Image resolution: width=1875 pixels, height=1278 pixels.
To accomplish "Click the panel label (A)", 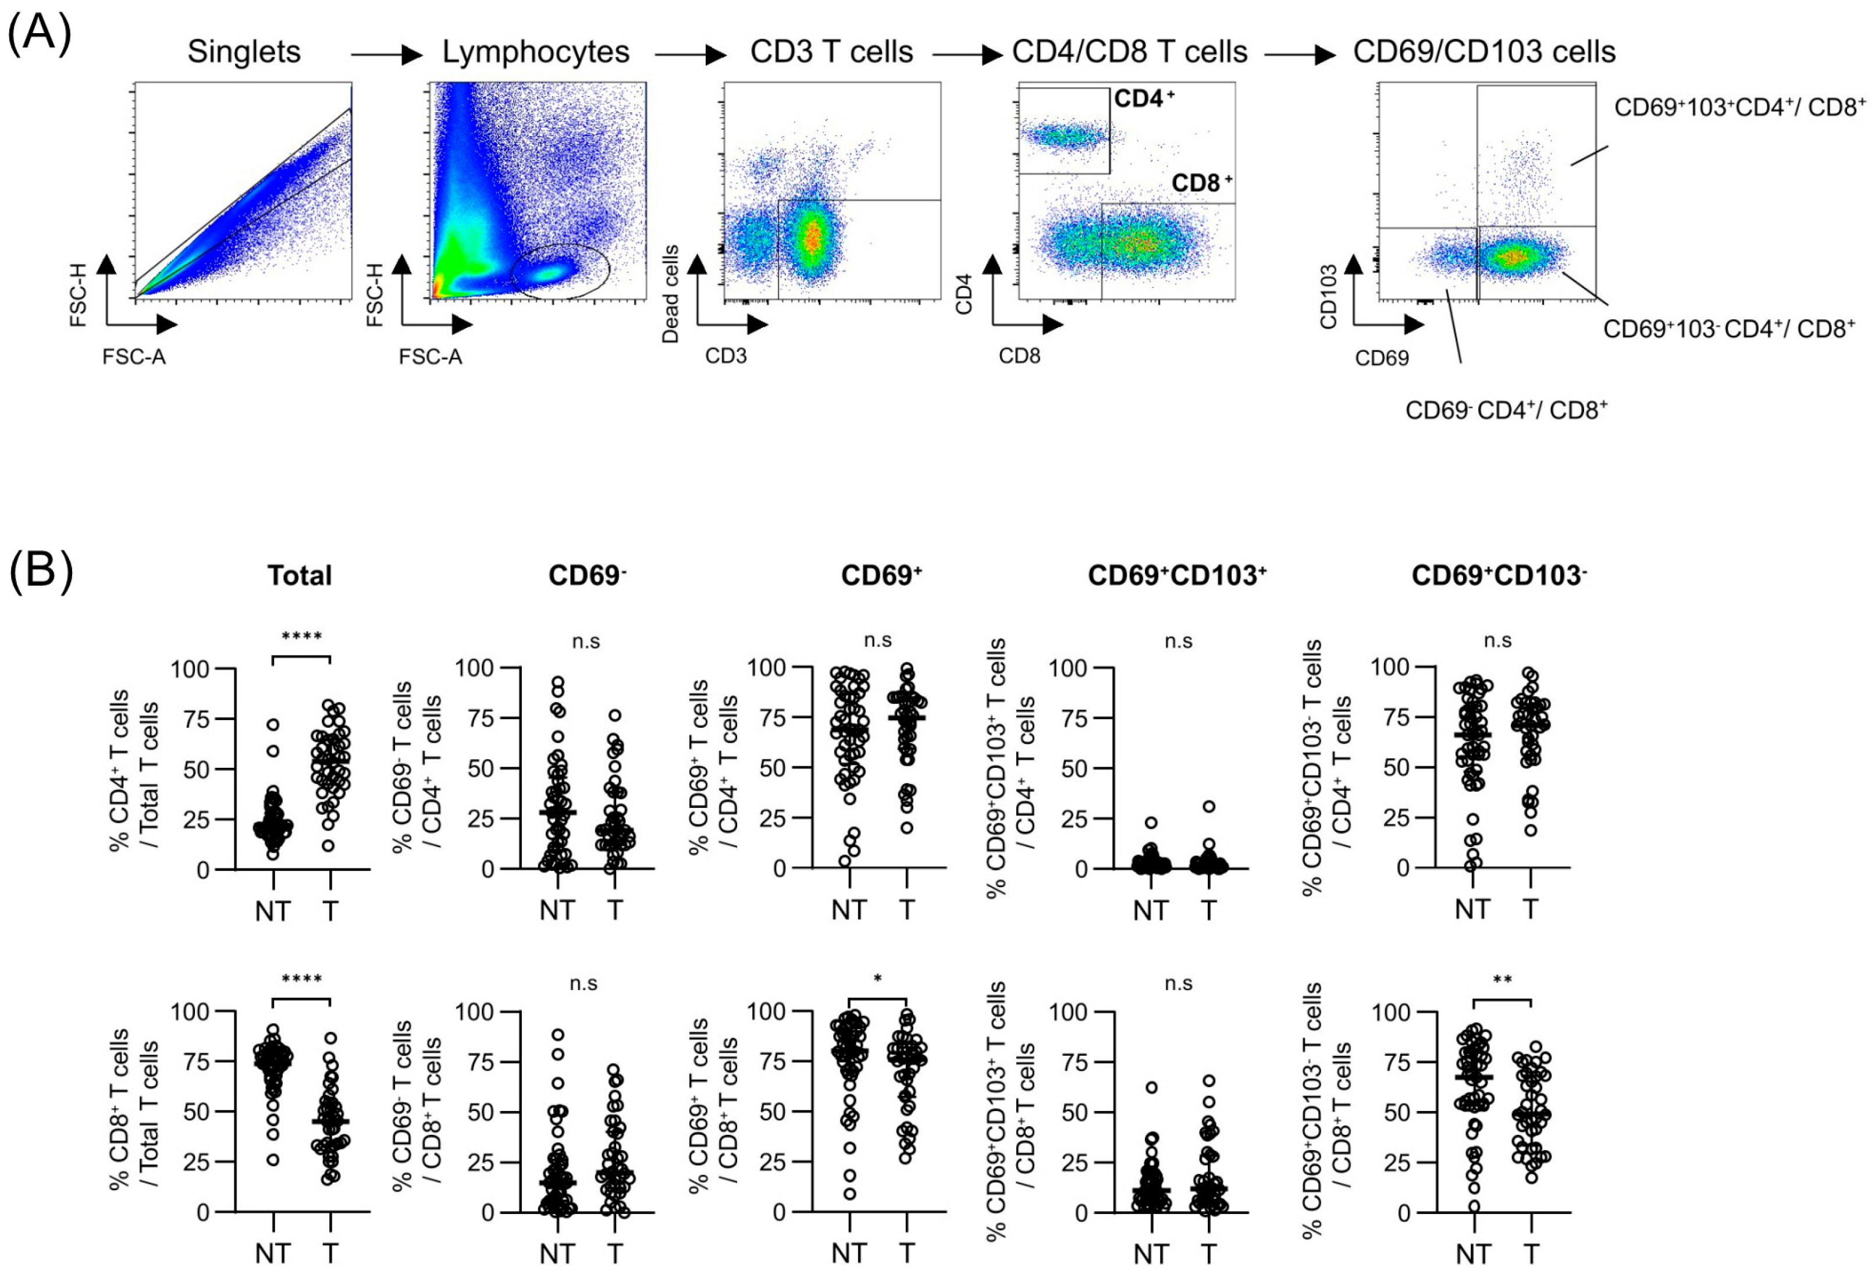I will pyautogui.click(x=39, y=34).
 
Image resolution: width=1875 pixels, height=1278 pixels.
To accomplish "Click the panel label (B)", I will pyautogui.click(x=40, y=571).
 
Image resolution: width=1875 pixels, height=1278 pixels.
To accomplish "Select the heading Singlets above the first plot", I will pyautogui.click(x=244, y=52).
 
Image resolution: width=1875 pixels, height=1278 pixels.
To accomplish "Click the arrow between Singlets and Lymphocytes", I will pyautogui.click(x=386, y=55).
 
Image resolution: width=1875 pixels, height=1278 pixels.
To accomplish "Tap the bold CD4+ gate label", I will pyautogui.click(x=1143, y=99).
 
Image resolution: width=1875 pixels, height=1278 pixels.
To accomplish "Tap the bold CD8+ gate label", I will pyautogui.click(x=1201, y=183).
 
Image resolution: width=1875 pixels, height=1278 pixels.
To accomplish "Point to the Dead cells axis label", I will pyautogui.click(x=670, y=294).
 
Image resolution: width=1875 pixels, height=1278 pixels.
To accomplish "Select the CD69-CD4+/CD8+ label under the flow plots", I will pyautogui.click(x=1506, y=410).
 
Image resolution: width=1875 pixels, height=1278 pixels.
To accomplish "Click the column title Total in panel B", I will pyautogui.click(x=300, y=575).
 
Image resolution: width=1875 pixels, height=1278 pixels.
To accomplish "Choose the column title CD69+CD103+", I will pyautogui.click(x=1176, y=575).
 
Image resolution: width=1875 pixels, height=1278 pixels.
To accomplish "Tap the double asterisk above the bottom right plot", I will pyautogui.click(x=1502, y=980).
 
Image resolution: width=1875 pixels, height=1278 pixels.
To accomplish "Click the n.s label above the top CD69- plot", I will pyautogui.click(x=586, y=642).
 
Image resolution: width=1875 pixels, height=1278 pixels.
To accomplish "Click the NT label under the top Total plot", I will pyautogui.click(x=273, y=912).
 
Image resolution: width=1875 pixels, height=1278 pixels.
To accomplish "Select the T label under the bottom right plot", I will pyautogui.click(x=1531, y=1254).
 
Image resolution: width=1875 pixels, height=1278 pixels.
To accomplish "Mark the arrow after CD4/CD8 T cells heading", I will pyautogui.click(x=1300, y=55).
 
